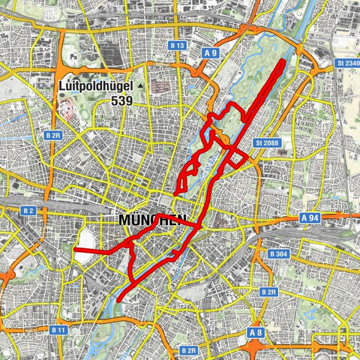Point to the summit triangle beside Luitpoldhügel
click(139, 87)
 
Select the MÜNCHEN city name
click(152, 220)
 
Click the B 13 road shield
click(177, 46)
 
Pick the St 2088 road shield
click(267, 142)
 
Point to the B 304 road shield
click(277, 254)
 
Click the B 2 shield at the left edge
click(7, 211)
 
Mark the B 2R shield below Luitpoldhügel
click(52, 135)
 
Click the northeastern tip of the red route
click(283, 60)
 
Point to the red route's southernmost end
click(120, 303)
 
